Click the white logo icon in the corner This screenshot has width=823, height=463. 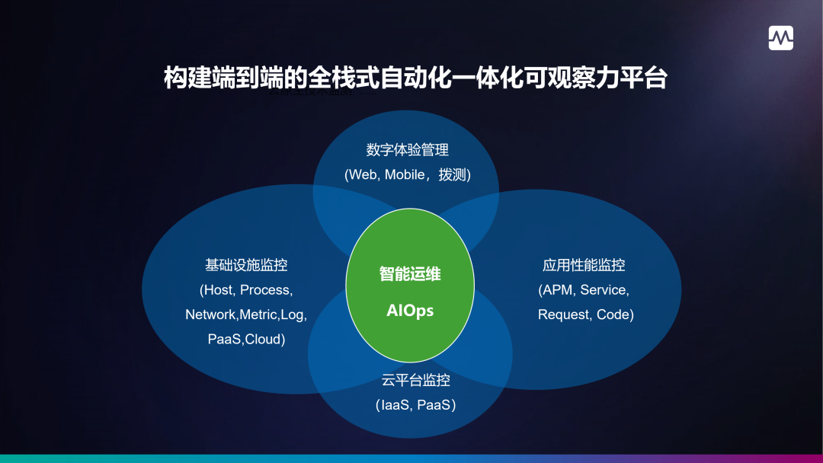[x=780, y=38]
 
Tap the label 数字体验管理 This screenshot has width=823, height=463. [x=407, y=150]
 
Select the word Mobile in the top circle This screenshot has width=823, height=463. [x=404, y=174]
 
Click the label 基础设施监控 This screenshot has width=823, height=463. [x=246, y=265]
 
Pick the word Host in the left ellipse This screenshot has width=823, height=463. [x=219, y=290]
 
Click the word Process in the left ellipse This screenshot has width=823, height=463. [x=266, y=290]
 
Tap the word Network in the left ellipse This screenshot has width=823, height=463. [x=211, y=315]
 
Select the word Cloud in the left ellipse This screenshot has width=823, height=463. [x=263, y=339]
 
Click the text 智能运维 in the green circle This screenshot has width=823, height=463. [x=410, y=274]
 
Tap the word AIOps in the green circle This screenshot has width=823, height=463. [x=410, y=311]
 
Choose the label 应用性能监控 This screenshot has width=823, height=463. [x=584, y=265]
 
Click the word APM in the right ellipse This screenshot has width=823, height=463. [x=558, y=290]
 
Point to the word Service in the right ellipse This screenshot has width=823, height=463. [x=604, y=290]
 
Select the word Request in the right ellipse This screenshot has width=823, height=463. [x=563, y=315]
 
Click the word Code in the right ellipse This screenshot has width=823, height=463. [x=613, y=315]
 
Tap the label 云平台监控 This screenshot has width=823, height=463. [x=416, y=380]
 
